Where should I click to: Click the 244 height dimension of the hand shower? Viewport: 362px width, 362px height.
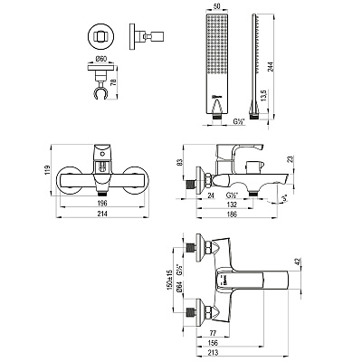click(x=271, y=67)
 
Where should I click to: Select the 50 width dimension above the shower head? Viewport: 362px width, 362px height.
click(x=216, y=7)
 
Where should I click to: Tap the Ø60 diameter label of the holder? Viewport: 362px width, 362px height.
click(x=101, y=60)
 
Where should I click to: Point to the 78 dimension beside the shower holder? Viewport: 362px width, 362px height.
click(x=113, y=81)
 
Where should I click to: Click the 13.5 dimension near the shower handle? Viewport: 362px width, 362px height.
click(x=263, y=95)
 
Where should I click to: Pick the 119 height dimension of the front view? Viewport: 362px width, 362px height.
click(x=47, y=171)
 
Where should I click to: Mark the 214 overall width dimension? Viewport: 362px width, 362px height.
click(x=102, y=214)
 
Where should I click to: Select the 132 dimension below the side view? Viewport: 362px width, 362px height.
click(x=232, y=205)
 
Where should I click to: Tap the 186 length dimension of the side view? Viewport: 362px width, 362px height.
click(x=232, y=214)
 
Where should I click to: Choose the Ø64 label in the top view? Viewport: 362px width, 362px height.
click(x=178, y=286)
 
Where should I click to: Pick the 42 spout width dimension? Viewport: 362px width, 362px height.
click(x=299, y=262)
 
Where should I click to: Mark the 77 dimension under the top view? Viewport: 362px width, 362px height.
click(x=213, y=333)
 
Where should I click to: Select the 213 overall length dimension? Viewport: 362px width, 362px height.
click(x=213, y=352)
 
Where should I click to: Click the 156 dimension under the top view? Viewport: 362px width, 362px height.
click(x=213, y=343)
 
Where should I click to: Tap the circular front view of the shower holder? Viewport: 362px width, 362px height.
click(x=101, y=36)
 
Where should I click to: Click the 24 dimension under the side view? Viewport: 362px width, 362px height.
click(x=211, y=195)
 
